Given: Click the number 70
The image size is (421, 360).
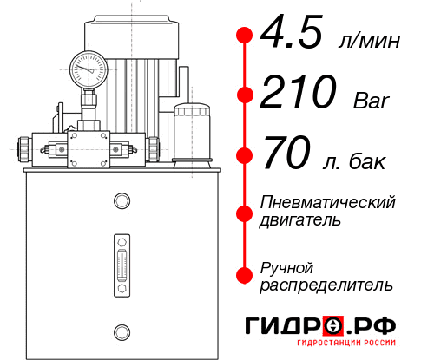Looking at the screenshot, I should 286,156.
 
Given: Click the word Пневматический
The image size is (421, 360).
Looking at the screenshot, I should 328,202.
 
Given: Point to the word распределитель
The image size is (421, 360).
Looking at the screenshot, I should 326,285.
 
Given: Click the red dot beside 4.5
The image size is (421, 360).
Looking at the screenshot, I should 245,36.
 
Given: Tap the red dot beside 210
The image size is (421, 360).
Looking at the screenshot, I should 245,95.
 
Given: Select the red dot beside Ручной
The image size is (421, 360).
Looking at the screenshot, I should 245,274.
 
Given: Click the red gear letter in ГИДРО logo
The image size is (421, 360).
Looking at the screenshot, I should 333,326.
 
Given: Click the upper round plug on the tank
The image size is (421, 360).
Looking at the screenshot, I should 121,201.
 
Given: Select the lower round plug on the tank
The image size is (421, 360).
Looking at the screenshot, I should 121,331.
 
